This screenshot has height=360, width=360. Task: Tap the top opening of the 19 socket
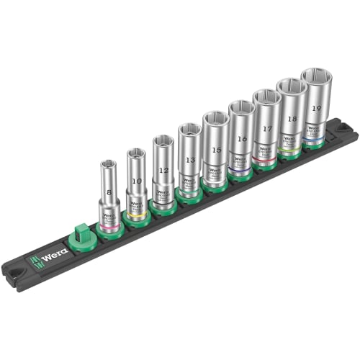(x=315, y=76)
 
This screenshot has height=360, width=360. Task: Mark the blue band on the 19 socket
(x=315, y=142)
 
